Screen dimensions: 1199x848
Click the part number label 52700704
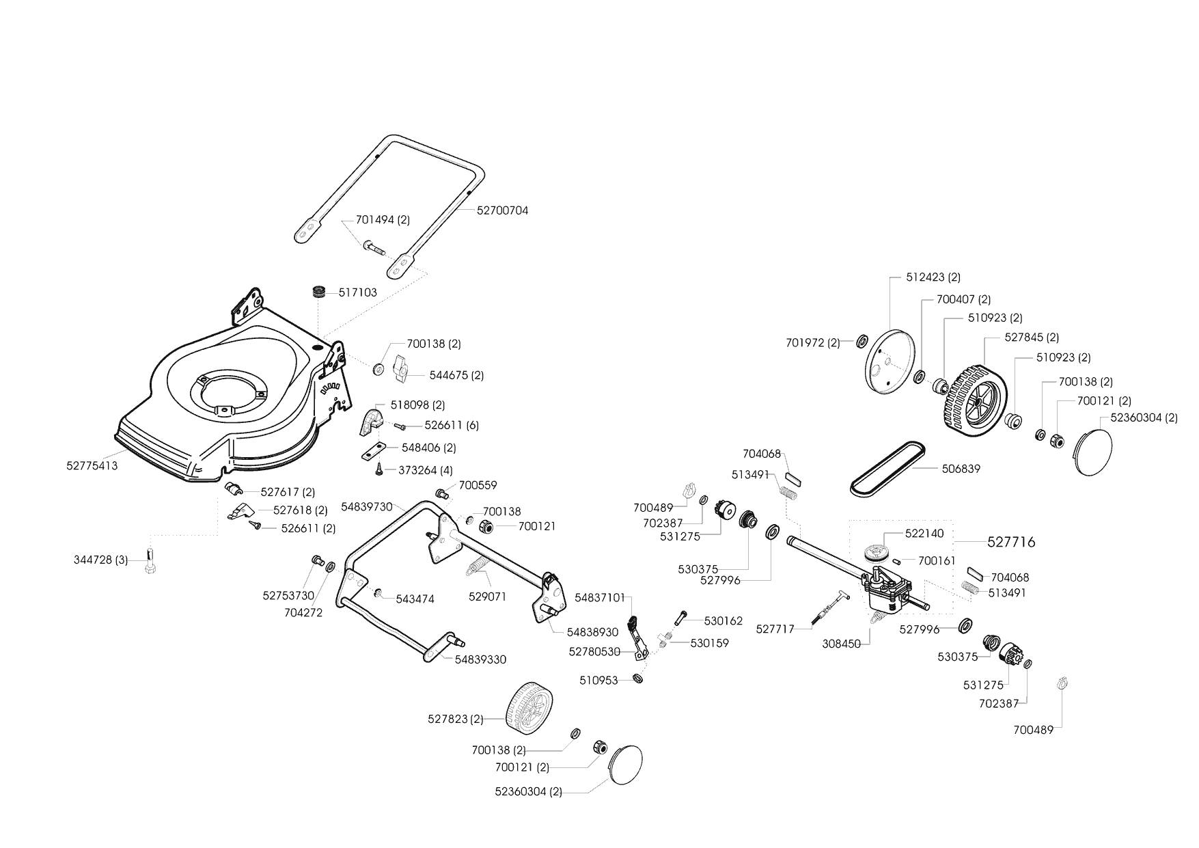tap(502, 210)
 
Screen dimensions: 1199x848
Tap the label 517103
tap(358, 292)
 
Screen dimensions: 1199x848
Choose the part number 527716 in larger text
tap(1011, 542)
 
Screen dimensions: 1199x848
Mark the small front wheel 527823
tap(529, 714)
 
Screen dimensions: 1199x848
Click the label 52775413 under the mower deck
tap(92, 466)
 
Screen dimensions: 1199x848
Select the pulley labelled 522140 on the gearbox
tap(874, 552)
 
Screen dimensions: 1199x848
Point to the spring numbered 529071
tap(477, 566)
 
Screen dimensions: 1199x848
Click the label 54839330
tap(480, 659)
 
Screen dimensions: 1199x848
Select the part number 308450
tap(842, 643)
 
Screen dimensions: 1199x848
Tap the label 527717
tap(775, 629)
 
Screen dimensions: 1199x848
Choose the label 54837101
tap(600, 597)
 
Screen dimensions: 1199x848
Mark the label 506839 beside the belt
tap(961, 469)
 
